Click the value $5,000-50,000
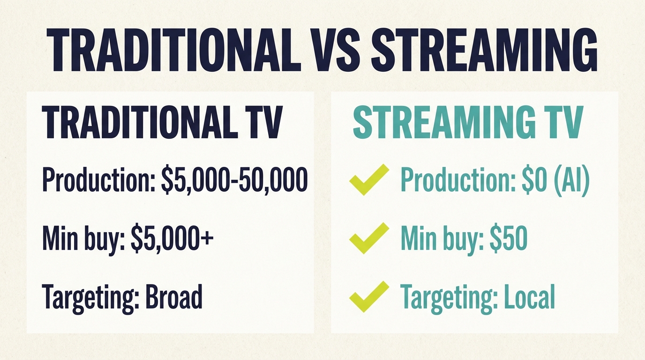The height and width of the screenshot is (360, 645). click(x=234, y=180)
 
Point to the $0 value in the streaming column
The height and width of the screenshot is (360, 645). click(x=532, y=180)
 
